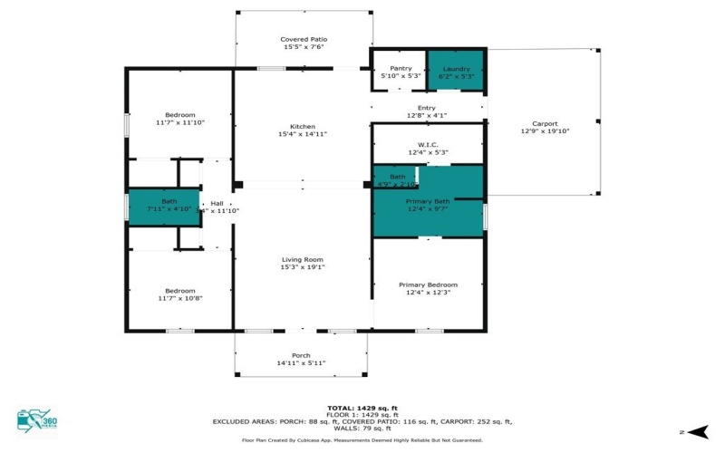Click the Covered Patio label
[303, 40]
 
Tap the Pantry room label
[401, 68]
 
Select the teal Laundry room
[455, 71]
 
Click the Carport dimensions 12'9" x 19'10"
[545, 131]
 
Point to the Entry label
[426, 108]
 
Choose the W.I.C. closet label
[428, 144]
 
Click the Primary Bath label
[428, 201]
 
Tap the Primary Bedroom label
[428, 284]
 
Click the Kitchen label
[302, 126]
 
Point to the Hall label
[217, 203]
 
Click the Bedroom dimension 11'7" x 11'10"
[180, 122]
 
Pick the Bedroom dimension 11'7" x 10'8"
[179, 298]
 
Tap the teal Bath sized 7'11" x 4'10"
[163, 206]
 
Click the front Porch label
[301, 355]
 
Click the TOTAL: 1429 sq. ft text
[362, 408]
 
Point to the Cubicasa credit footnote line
[362, 440]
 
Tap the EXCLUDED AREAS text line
[362, 422]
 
